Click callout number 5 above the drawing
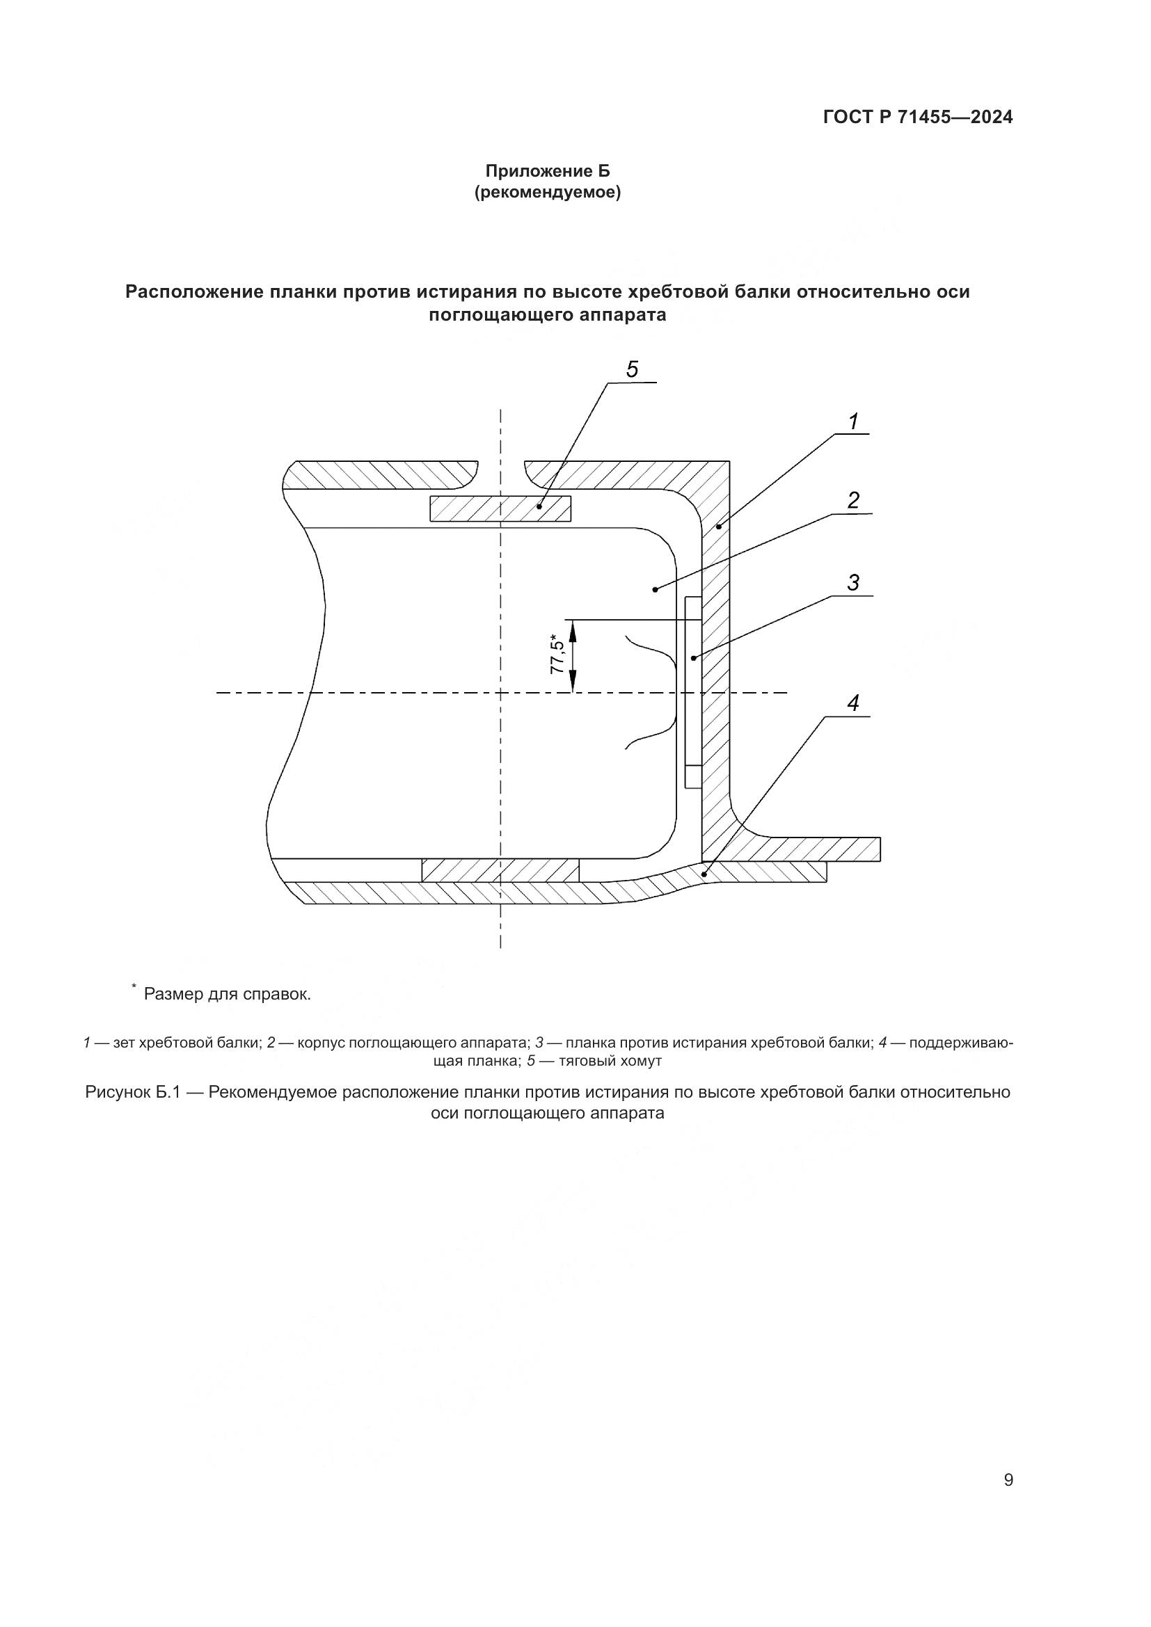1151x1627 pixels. tap(632, 369)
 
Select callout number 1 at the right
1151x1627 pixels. tap(854, 422)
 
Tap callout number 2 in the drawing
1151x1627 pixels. tap(853, 500)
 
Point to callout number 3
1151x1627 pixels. tap(853, 582)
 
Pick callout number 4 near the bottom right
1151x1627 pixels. tap(853, 704)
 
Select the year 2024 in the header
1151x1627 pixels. tap(992, 118)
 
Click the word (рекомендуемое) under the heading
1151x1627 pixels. tap(547, 193)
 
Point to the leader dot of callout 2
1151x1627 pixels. tap(655, 589)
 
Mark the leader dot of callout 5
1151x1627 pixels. tap(540, 506)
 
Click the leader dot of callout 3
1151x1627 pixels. tap(694, 658)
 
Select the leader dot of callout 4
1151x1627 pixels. tap(704, 874)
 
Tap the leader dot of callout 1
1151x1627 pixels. tap(718, 527)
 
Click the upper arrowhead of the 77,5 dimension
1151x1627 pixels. tap(573, 627)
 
